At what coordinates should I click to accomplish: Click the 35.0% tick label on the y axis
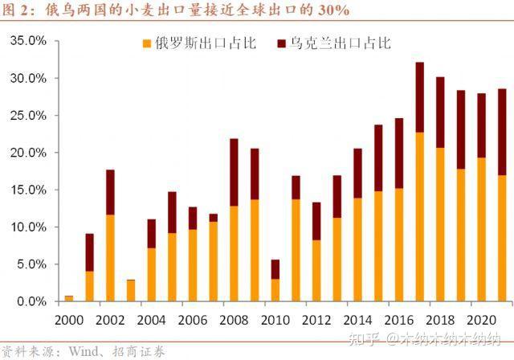(x=27, y=41)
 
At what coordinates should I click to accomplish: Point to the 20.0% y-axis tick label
(x=27, y=153)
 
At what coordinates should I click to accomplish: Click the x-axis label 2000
(x=68, y=318)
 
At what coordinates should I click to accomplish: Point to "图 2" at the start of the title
(x=16, y=11)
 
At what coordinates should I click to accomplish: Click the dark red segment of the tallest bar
(x=419, y=97)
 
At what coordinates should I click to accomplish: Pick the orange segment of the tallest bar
(x=419, y=217)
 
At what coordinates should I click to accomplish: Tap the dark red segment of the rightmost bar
(x=502, y=132)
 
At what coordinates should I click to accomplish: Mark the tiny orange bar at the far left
(x=69, y=298)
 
